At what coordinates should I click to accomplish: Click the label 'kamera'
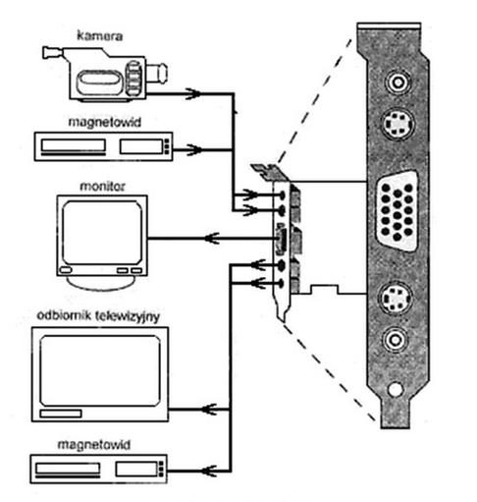coord(99,35)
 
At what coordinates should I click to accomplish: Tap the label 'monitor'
coord(102,186)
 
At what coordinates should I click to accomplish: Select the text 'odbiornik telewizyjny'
coord(98,316)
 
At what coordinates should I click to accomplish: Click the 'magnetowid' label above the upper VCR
coord(104,122)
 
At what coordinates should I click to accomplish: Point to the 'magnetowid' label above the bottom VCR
coord(94,445)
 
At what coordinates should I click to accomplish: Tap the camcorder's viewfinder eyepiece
coord(52,53)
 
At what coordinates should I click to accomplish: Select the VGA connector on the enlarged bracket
coord(397,211)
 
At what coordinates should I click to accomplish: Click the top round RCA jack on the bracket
coord(397,83)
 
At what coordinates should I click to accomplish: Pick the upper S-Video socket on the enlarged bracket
coord(397,124)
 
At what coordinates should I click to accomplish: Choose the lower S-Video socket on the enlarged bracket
coord(396,298)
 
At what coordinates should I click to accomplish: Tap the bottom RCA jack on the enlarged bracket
coord(396,340)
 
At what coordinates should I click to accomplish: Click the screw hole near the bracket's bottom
coord(395,389)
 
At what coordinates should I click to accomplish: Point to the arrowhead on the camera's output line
coord(193,93)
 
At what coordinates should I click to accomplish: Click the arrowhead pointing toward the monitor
coord(212,238)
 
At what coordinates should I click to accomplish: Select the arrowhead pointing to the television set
coord(209,409)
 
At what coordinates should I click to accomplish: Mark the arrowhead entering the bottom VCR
coord(209,471)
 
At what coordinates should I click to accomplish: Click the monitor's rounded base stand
coord(101,282)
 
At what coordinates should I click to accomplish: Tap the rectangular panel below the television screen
coord(61,414)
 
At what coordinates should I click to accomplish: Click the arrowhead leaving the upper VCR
coord(194,149)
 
